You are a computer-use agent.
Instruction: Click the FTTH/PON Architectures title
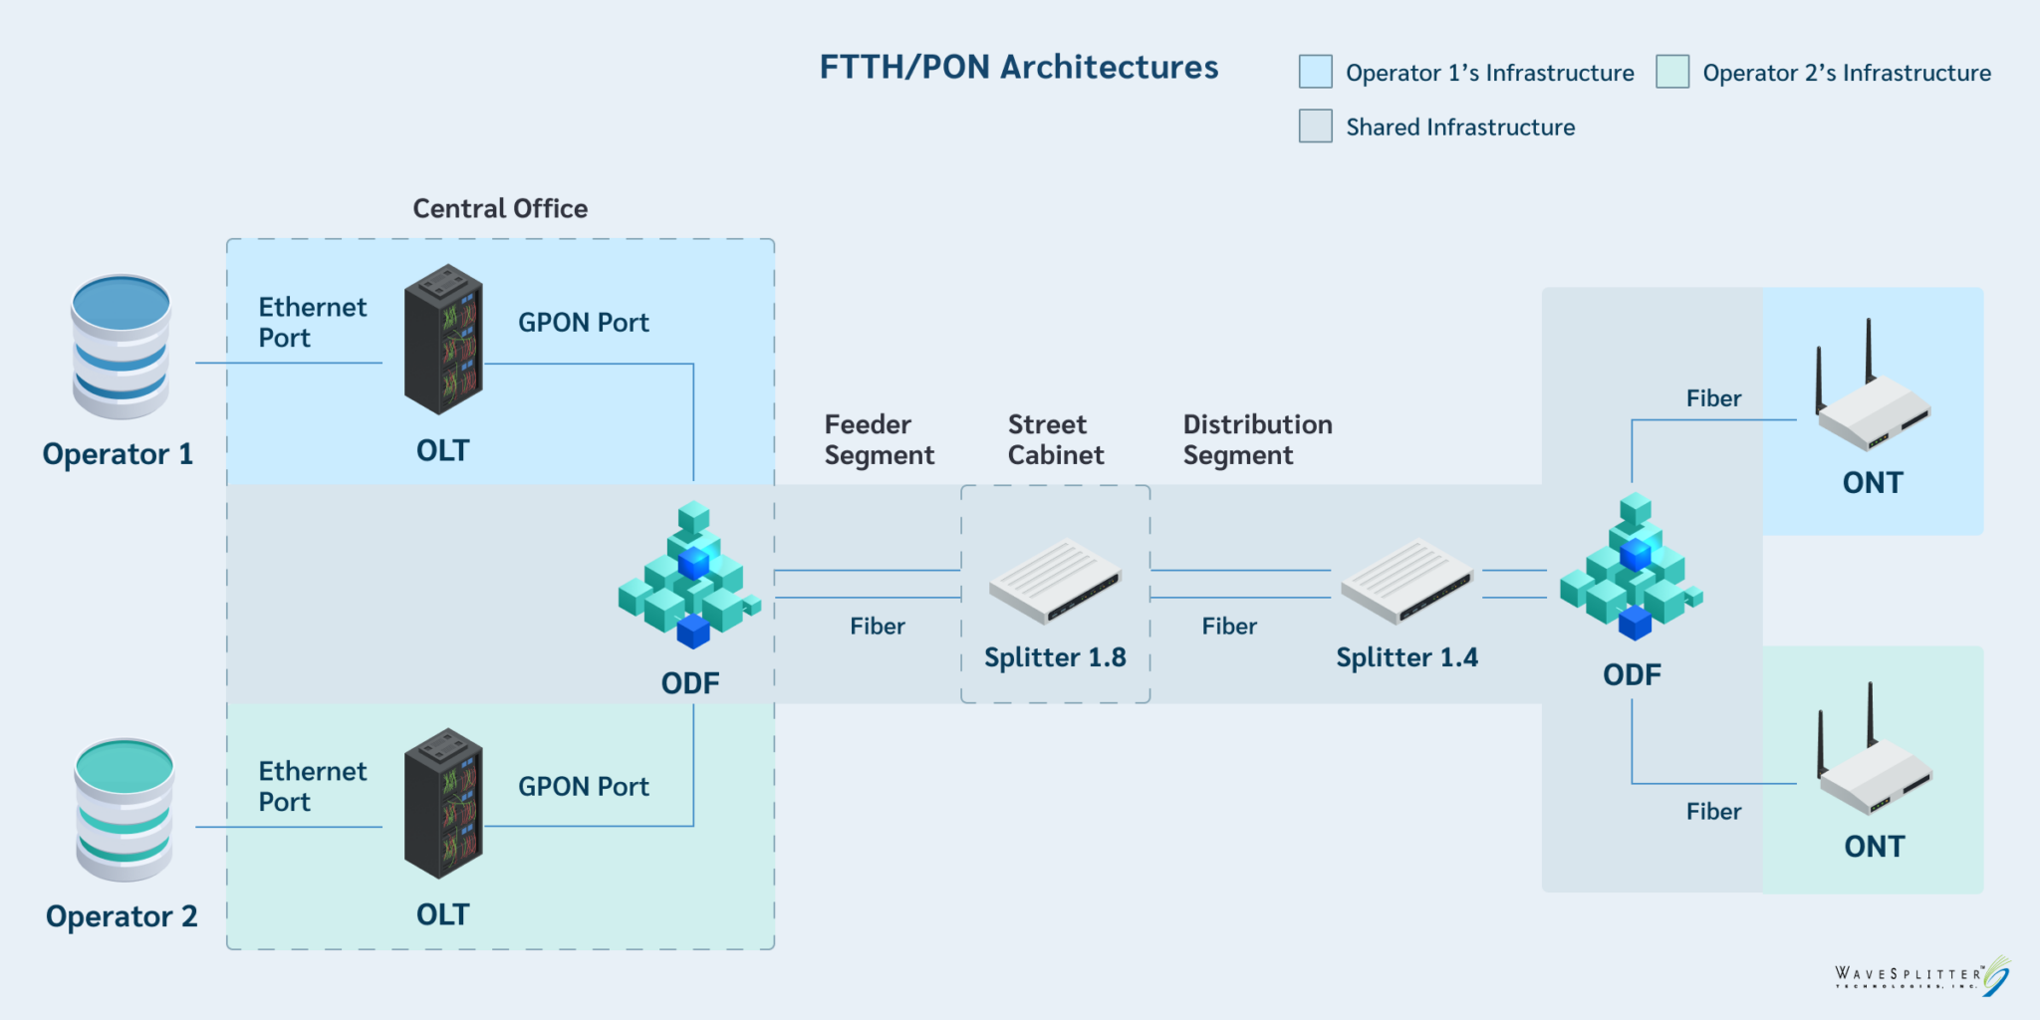(x=1018, y=68)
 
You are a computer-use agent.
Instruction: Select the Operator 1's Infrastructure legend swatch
(x=1315, y=73)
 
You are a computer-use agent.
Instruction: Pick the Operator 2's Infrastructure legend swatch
(x=1672, y=73)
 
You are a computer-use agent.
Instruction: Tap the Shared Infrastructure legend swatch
(x=1315, y=127)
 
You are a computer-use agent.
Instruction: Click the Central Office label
(x=500, y=209)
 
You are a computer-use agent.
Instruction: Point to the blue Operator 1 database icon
(x=122, y=347)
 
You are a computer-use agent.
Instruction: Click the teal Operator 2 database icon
(x=125, y=809)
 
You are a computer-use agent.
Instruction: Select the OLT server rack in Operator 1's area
(x=443, y=339)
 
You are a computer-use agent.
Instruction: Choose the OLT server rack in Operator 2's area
(x=443, y=803)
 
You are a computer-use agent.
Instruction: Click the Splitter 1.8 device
(x=1055, y=580)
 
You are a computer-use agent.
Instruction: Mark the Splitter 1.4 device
(x=1406, y=580)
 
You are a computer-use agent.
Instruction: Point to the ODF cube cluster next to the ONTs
(x=1632, y=568)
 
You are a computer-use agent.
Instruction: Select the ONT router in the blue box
(x=1873, y=398)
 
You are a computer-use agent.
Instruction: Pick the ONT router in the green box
(x=1875, y=762)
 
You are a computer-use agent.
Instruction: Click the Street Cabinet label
(x=1055, y=439)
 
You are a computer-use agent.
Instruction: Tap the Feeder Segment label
(x=879, y=439)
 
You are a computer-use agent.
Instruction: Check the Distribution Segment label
(x=1257, y=439)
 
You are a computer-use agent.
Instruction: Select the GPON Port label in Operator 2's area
(x=583, y=787)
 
